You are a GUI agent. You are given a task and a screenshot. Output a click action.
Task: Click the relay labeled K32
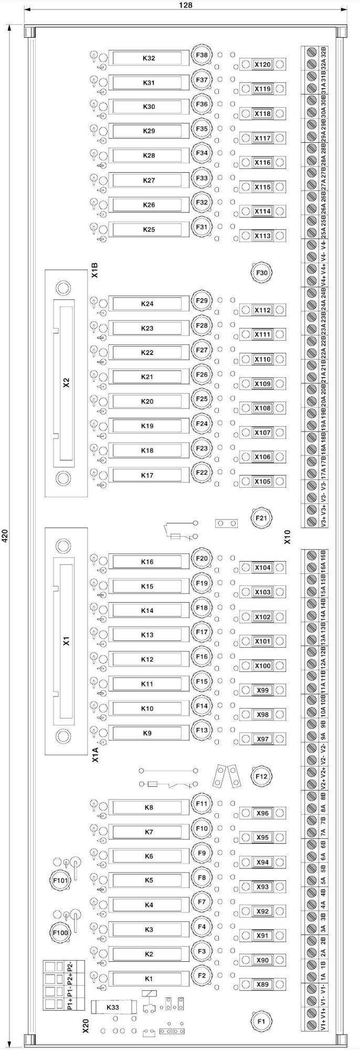(149, 58)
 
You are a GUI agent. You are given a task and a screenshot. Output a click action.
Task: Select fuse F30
(261, 273)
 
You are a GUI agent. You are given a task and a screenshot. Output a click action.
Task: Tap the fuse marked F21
(261, 518)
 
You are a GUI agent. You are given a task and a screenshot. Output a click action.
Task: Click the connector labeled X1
(66, 641)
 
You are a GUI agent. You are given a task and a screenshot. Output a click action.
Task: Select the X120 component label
(262, 65)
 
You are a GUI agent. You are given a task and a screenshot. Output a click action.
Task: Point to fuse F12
(261, 776)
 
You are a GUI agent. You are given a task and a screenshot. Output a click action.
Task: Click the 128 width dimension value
(185, 5)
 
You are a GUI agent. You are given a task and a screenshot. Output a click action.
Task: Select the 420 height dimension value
(5, 535)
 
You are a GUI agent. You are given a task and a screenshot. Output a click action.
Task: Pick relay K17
(147, 476)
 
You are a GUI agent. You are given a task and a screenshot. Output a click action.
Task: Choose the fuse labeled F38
(202, 55)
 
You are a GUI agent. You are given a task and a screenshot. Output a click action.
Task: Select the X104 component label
(262, 568)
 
